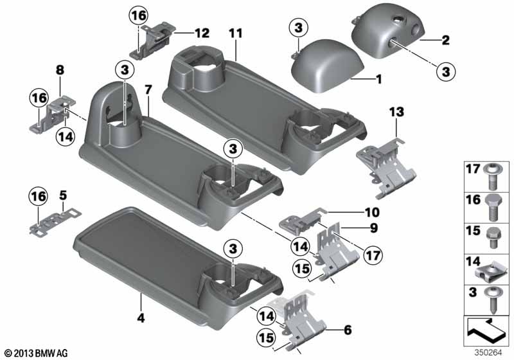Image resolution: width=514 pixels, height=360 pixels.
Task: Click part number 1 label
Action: pyautogui.click(x=379, y=79)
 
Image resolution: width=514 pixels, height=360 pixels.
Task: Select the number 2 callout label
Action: pyautogui.click(x=445, y=40)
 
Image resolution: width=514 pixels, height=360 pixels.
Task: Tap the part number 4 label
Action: pyautogui.click(x=141, y=318)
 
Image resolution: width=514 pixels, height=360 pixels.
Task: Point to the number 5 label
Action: pyautogui.click(x=63, y=195)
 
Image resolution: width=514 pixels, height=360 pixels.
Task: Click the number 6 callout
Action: pyautogui.click(x=348, y=330)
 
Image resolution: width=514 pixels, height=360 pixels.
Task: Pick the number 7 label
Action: pyautogui.click(x=148, y=89)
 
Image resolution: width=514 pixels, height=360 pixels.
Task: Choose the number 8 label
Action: pyautogui.click(x=60, y=70)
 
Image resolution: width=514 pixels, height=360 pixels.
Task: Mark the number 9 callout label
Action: pyautogui.click(x=374, y=228)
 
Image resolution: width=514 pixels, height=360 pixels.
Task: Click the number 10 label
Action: pyautogui.click(x=373, y=212)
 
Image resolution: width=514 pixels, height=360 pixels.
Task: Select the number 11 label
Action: pyautogui.click(x=236, y=33)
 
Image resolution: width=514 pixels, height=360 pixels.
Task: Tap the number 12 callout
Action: pyautogui.click(x=202, y=33)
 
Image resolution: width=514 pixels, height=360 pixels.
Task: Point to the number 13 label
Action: pyautogui.click(x=396, y=112)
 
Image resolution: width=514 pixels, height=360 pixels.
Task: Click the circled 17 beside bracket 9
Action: pyautogui.click(x=373, y=255)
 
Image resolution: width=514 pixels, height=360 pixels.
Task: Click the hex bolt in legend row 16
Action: pyautogui.click(x=491, y=206)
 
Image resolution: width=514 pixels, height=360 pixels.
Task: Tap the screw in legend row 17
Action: pyautogui.click(x=491, y=175)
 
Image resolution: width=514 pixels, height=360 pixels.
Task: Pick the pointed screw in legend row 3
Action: pyautogui.click(x=491, y=300)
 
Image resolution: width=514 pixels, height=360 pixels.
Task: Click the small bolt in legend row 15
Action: pyautogui.click(x=493, y=238)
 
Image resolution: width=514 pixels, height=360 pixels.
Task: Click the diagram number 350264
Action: pyautogui.click(x=488, y=353)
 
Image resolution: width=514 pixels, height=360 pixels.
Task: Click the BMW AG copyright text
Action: pyautogui.click(x=37, y=354)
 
